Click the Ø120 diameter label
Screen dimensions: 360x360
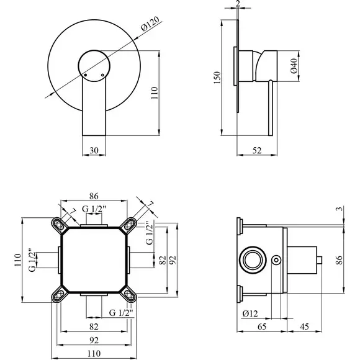pyautogui.click(x=150, y=24)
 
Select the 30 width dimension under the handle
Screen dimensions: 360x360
pyautogui.click(x=94, y=151)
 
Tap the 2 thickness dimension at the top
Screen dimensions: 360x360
pyautogui.click(x=238, y=3)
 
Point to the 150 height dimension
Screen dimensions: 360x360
pyautogui.click(x=217, y=78)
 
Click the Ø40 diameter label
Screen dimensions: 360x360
pyautogui.click(x=294, y=66)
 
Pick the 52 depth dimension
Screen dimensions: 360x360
pyautogui.click(x=257, y=151)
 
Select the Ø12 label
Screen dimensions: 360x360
pyautogui.click(x=250, y=313)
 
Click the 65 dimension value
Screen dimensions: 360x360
pyautogui.click(x=262, y=326)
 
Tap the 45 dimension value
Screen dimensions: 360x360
pyautogui.click(x=304, y=326)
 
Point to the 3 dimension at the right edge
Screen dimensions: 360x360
pyautogui.click(x=340, y=209)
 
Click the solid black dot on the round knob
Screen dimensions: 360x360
pyautogui.click(x=86, y=75)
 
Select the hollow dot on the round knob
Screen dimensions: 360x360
pyautogui.click(x=102, y=75)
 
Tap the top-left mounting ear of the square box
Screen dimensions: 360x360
pyautogui.click(x=59, y=225)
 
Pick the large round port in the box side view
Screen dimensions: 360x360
pyautogui.click(x=253, y=260)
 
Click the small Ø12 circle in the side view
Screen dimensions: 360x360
pyautogui.click(x=276, y=260)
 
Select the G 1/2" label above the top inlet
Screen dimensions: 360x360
pyautogui.click(x=94, y=209)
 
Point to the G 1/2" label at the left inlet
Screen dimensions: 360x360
pyautogui.click(x=33, y=260)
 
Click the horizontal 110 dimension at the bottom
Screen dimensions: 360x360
pyautogui.click(x=94, y=353)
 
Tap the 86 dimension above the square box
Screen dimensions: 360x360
pyautogui.click(x=94, y=196)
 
